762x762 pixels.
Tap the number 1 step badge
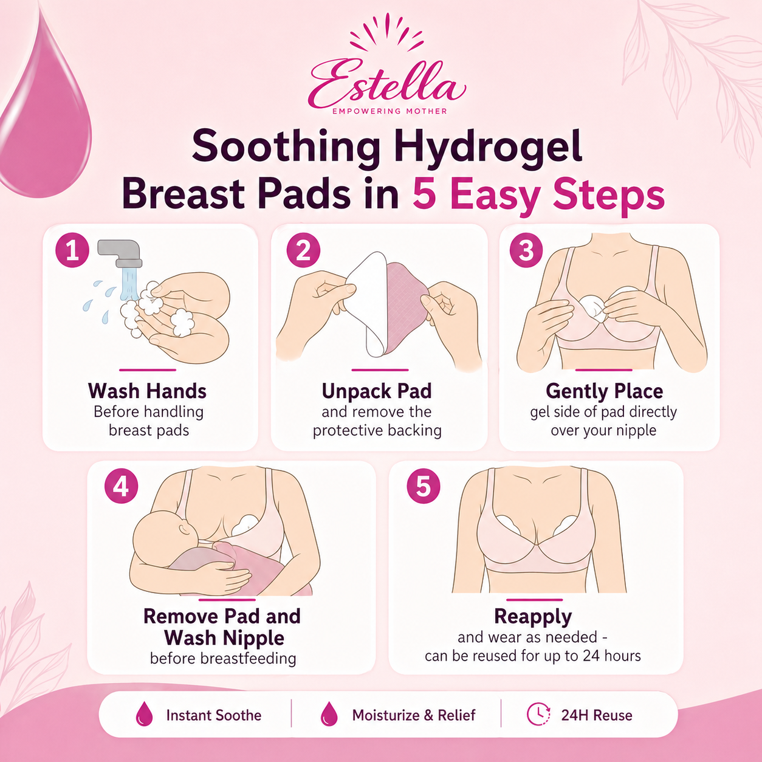[72, 250]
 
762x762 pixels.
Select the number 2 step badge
[303, 250]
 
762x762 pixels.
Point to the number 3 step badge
[526, 250]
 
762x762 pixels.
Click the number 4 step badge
[121, 486]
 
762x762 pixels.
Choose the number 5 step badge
[424, 486]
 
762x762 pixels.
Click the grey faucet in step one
[120, 253]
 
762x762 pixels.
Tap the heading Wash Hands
[147, 391]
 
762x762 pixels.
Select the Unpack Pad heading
[377, 391]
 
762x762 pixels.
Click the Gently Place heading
[604, 391]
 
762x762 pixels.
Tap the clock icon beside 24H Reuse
[538, 714]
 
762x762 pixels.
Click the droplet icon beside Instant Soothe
[144, 714]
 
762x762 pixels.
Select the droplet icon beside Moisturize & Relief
[329, 714]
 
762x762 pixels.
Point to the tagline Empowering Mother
[390, 112]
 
